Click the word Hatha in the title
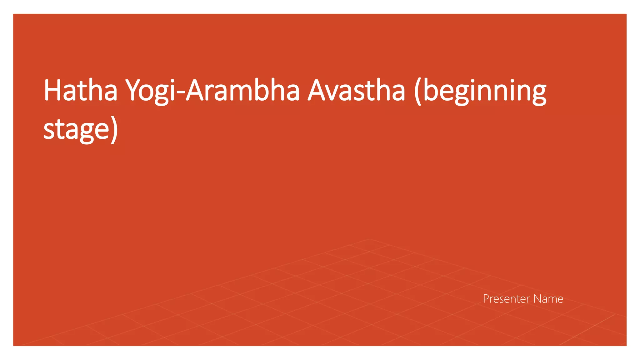tap(80, 90)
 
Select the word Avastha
tap(357, 90)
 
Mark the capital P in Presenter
tap(486, 299)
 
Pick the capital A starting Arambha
tap(195, 90)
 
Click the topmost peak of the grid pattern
tap(370, 239)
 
